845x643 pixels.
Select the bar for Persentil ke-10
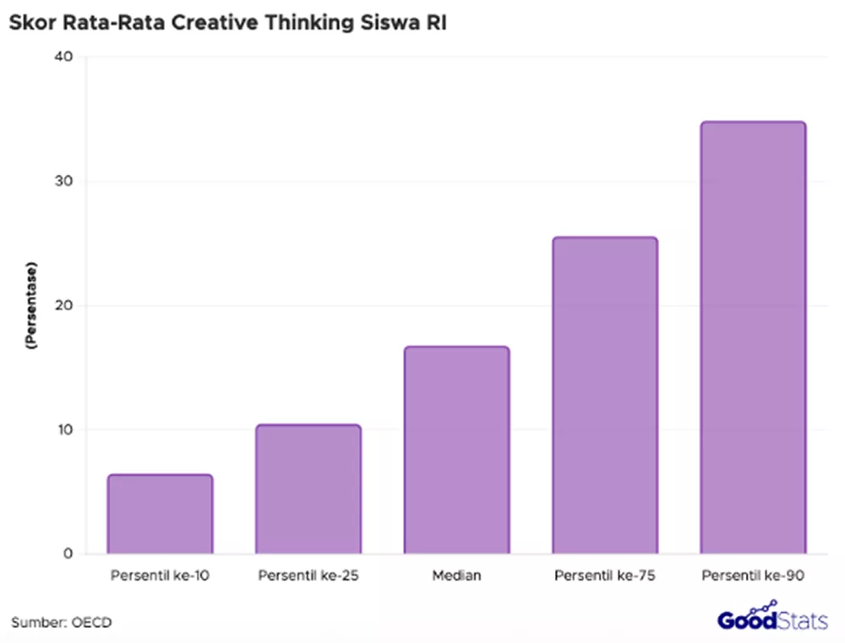[160, 514]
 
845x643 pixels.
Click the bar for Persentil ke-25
[308, 489]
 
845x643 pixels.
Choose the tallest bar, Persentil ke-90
[753, 338]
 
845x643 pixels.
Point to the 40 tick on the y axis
[66, 57]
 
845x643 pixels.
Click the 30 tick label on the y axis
[66, 182]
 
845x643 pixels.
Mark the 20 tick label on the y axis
[66, 306]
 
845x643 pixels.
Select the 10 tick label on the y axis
[66, 430]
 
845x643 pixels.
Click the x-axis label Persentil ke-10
[160, 576]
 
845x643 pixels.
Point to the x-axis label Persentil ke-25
[308, 576]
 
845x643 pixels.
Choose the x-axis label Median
[456, 576]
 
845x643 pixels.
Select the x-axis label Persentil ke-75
[605, 576]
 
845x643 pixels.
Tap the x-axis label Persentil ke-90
[753, 576]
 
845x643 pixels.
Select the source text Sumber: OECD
[61, 623]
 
